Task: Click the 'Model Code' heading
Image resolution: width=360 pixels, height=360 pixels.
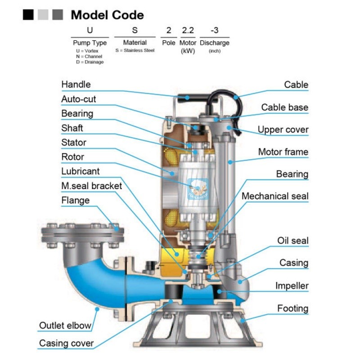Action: pyautogui.click(x=108, y=15)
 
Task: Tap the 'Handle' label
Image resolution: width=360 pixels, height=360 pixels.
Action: pyautogui.click(x=76, y=84)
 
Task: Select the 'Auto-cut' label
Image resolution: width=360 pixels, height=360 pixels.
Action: pyautogui.click(x=79, y=99)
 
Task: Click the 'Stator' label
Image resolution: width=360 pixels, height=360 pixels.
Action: pyautogui.click(x=74, y=143)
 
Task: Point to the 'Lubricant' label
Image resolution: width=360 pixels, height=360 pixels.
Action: pyautogui.click(x=81, y=171)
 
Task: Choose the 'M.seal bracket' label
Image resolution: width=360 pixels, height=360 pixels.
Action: pyautogui.click(x=91, y=186)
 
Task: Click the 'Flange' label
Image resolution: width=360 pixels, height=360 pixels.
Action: pyautogui.click(x=76, y=200)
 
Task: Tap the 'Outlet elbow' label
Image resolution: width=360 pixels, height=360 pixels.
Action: pyautogui.click(x=65, y=325)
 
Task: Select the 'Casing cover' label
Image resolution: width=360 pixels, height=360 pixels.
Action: pyautogui.click(x=66, y=343)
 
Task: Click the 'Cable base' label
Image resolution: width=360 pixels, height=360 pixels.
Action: pyautogui.click(x=285, y=107)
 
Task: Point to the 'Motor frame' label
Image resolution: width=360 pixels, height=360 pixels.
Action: pyautogui.click(x=283, y=152)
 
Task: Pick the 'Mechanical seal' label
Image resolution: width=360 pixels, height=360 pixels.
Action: pyautogui.click(x=275, y=196)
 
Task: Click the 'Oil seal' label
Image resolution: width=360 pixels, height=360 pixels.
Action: pyautogui.click(x=292, y=241)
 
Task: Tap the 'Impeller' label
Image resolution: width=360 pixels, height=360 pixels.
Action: pyautogui.click(x=292, y=285)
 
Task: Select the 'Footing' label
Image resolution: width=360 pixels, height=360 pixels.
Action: pyautogui.click(x=292, y=308)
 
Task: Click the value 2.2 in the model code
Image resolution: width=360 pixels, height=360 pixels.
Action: pyautogui.click(x=188, y=31)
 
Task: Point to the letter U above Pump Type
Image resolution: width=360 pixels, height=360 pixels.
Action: pyautogui.click(x=90, y=31)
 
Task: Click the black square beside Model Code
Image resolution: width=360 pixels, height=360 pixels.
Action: pyautogui.click(x=28, y=15)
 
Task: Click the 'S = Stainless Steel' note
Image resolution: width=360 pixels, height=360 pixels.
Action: pyautogui.click(x=135, y=50)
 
